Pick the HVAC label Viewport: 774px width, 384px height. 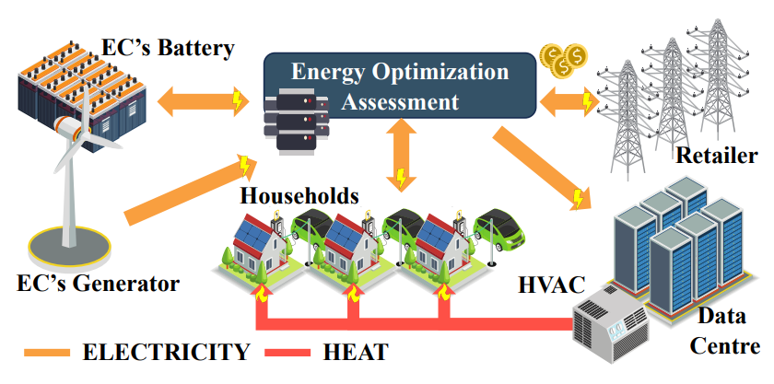click(x=552, y=285)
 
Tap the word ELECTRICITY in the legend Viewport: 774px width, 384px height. click(x=165, y=352)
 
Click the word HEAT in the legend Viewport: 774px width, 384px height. click(x=356, y=352)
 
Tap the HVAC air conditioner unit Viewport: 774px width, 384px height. click(x=612, y=318)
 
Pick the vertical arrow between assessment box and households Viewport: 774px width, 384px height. click(x=400, y=157)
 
